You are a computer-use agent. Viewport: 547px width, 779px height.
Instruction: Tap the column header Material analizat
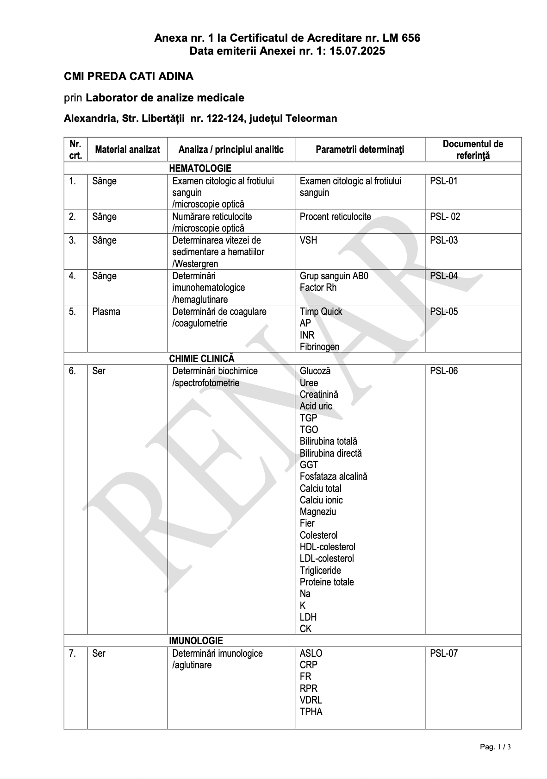click(x=127, y=150)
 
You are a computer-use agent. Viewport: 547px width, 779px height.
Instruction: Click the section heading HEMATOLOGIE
click(x=200, y=168)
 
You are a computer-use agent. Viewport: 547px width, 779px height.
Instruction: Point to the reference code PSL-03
click(x=444, y=240)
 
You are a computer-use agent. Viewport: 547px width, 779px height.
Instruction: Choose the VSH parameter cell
click(x=308, y=240)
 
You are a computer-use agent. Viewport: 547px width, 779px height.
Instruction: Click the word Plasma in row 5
click(x=106, y=312)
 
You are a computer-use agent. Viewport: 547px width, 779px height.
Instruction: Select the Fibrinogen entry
click(x=319, y=347)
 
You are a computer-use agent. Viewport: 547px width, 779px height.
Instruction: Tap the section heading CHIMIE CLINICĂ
click(x=202, y=359)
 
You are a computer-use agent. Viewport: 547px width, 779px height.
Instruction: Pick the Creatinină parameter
click(x=319, y=395)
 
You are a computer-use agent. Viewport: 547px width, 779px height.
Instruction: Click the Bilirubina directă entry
click(x=330, y=453)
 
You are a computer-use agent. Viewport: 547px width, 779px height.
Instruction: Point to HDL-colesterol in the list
click(x=327, y=547)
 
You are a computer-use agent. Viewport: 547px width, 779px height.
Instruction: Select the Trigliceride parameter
click(x=320, y=571)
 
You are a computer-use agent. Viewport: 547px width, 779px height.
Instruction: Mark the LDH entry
click(x=308, y=617)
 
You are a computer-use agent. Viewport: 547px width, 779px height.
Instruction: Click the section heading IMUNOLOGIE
click(x=196, y=641)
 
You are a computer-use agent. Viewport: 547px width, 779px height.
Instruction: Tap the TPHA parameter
click(x=311, y=712)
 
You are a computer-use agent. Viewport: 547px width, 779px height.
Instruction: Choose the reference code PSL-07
click(x=444, y=653)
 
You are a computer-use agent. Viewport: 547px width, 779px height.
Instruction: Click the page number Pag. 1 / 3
click(x=495, y=747)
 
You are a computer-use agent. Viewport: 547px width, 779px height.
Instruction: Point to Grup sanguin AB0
click(x=334, y=276)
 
